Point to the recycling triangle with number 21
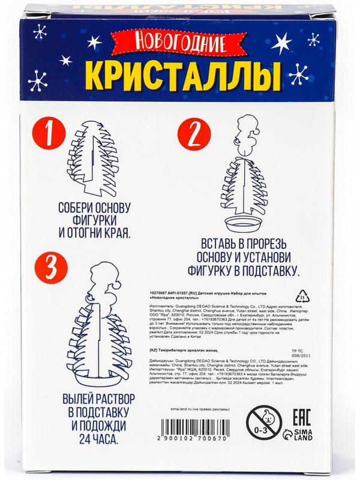(x=304, y=298)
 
